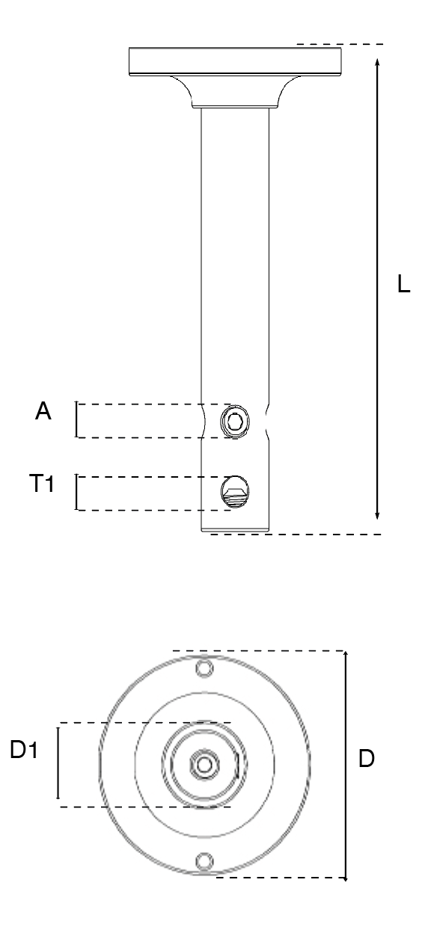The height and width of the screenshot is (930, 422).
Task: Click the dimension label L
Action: (403, 284)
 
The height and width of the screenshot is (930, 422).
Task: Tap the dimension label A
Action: (43, 411)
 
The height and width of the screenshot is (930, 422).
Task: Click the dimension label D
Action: (367, 759)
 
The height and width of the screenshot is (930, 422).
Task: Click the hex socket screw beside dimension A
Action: (235, 422)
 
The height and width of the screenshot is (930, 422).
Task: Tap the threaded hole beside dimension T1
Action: (235, 493)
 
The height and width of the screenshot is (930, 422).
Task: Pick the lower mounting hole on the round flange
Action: (204, 861)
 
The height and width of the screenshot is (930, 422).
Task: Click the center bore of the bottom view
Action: (204, 765)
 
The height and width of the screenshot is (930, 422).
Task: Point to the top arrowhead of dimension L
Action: (377, 62)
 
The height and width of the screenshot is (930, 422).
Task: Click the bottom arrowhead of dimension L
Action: (377, 515)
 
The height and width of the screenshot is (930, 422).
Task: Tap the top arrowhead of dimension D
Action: (346, 656)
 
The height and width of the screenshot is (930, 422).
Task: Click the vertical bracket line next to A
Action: (76, 419)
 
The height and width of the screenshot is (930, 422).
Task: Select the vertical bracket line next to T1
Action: (76, 492)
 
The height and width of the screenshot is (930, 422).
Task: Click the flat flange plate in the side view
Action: (236, 61)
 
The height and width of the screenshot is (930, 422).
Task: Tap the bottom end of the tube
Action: (235, 530)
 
